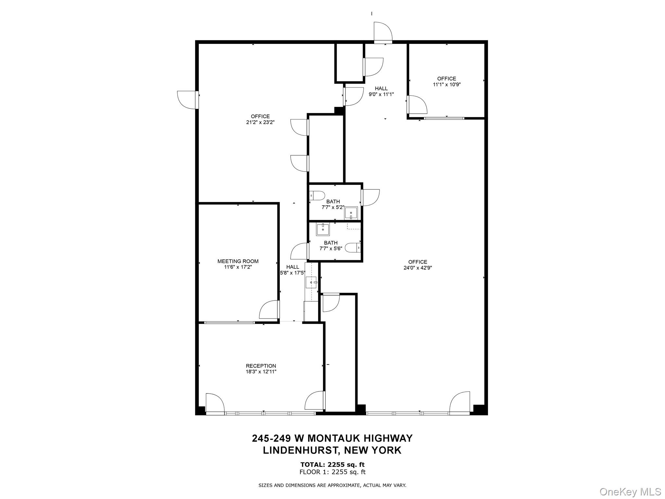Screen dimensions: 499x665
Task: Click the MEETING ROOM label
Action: coord(238,261)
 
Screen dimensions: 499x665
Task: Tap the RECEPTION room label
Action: coord(261,366)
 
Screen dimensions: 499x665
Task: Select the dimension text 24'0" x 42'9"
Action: coord(418,268)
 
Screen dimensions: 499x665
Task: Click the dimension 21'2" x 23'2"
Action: coord(260,122)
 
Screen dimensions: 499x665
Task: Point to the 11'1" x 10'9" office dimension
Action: coord(446,84)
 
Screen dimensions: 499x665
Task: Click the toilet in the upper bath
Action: coord(317,196)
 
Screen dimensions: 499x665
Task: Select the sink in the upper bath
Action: coord(351,213)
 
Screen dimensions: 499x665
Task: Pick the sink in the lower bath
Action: coord(323,230)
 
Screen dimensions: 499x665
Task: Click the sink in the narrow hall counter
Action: coord(311,282)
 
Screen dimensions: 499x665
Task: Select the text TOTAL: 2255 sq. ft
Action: coord(332,465)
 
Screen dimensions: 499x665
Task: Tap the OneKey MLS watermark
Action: coord(630,492)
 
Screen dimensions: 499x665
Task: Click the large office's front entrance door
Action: coord(460,403)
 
